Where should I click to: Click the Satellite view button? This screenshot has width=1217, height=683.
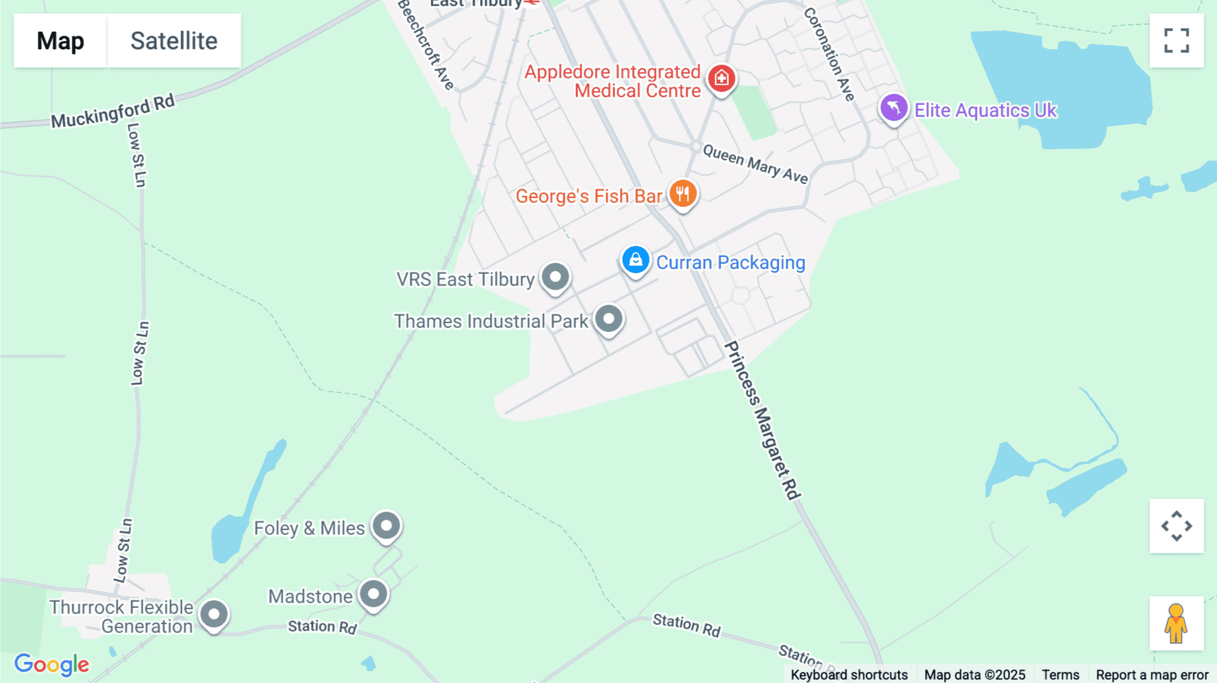(x=174, y=41)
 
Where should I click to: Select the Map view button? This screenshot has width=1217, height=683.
(x=60, y=41)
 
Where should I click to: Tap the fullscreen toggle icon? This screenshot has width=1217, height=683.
(x=1176, y=41)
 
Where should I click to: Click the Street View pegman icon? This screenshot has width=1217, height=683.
(x=1176, y=623)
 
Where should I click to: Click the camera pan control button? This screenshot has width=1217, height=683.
(x=1176, y=526)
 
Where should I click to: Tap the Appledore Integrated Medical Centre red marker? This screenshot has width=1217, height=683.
(x=721, y=78)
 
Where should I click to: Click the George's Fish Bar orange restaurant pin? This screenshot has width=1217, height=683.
(x=683, y=194)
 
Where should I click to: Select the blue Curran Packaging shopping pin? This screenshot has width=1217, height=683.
(x=636, y=260)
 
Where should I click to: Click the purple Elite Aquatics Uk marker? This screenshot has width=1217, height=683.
(x=893, y=108)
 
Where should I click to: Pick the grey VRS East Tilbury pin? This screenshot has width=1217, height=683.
(x=555, y=277)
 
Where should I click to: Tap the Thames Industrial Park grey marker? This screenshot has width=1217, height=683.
(x=608, y=319)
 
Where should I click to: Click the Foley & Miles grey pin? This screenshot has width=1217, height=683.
(x=387, y=526)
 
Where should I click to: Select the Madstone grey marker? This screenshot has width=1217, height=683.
(x=373, y=594)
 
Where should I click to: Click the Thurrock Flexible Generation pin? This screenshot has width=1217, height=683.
(x=214, y=615)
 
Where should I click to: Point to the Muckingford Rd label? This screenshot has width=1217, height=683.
(x=113, y=112)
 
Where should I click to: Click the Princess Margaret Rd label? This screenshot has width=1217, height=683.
(x=762, y=420)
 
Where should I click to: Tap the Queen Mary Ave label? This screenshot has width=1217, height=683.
(x=755, y=164)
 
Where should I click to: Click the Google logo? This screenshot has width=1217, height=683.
(x=51, y=664)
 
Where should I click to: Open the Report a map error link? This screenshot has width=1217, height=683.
(x=1151, y=675)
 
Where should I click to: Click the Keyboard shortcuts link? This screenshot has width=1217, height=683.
(x=849, y=675)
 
